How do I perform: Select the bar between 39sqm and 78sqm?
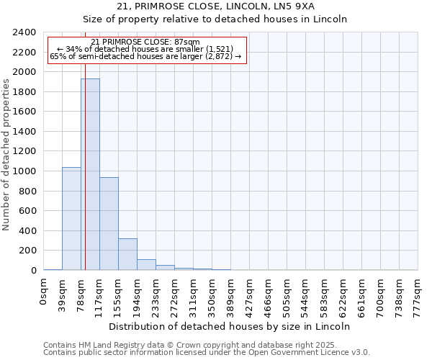[71, 219]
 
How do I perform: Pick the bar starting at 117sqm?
[109, 224]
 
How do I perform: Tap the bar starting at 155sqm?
[127, 254]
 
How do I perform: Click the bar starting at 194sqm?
[146, 264]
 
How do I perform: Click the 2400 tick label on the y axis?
[24, 32]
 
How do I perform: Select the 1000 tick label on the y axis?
[24, 171]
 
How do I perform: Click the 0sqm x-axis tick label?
[44, 292]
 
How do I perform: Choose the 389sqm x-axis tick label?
[231, 294]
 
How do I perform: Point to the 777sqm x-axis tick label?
[418, 294]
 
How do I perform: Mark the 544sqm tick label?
[306, 294]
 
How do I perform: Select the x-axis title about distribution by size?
[230, 326]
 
